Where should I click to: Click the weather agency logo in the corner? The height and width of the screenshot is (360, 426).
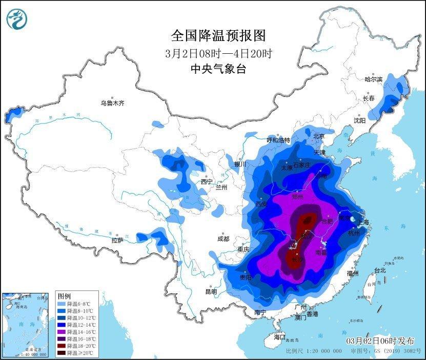point(16,19)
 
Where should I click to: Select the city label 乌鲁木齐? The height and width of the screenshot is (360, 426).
point(112,103)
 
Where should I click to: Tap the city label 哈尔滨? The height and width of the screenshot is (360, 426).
point(373,79)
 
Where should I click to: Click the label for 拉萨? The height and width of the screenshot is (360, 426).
point(117,240)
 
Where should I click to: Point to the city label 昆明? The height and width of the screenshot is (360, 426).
point(211,291)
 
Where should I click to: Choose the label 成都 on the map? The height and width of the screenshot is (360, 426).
point(223,239)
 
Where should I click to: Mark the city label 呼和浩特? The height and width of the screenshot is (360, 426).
point(278,140)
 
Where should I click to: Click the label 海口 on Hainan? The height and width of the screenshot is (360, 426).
point(279,337)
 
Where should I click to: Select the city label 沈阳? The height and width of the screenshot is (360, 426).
point(359,120)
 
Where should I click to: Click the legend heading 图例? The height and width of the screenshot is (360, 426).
point(64,297)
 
